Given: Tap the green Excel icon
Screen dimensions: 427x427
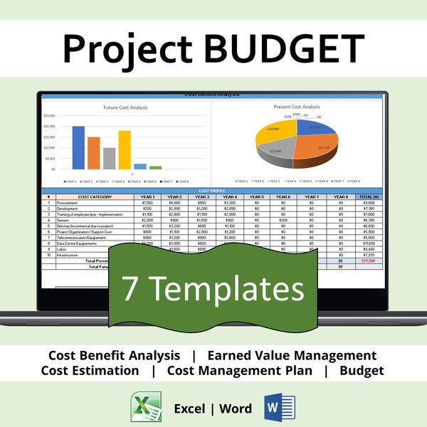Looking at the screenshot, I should [147, 407].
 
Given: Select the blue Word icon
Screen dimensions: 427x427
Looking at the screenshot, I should [278, 407].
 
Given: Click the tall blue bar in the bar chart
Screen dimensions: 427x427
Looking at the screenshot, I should [78, 147].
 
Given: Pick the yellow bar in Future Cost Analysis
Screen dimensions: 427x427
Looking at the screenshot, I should [125, 149].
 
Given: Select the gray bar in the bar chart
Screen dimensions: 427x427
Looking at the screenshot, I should [109, 158].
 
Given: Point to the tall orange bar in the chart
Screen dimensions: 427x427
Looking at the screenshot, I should [94, 153].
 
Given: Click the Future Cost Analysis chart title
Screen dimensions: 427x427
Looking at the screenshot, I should [126, 107].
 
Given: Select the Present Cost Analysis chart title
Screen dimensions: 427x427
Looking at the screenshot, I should [297, 107].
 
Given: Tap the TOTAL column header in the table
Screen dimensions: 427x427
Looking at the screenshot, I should [369, 196].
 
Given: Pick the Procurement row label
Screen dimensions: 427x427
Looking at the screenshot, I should [68, 203].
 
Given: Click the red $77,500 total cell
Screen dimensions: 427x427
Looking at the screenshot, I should [369, 260].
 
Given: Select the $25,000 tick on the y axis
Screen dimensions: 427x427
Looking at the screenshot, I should [49, 115].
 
